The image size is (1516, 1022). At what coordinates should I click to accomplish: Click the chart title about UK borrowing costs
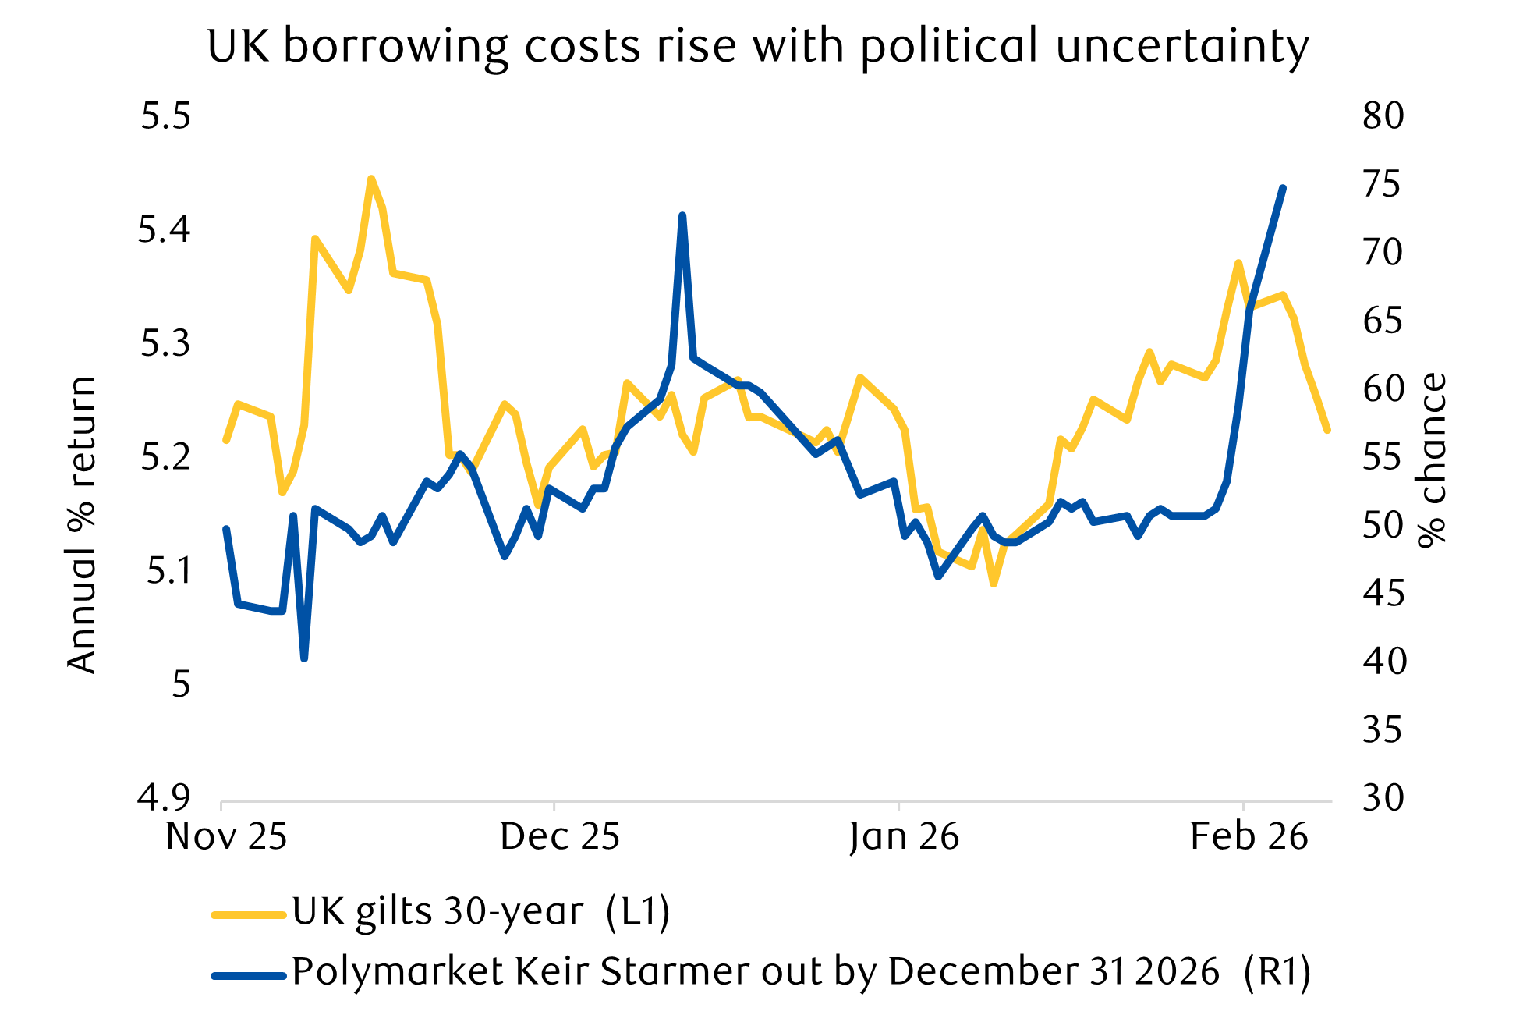coord(757,47)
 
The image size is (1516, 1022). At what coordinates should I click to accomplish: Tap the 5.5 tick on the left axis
coord(165,116)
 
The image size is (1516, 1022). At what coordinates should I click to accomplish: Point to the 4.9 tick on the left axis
coord(164,797)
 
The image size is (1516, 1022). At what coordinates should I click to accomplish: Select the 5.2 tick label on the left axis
coord(165,457)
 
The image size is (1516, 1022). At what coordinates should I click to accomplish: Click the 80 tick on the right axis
coord(1383,116)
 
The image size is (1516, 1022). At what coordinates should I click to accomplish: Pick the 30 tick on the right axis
coord(1383,797)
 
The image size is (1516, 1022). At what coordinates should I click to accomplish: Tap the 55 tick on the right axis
coord(1383,457)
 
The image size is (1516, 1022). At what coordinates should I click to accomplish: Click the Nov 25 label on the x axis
coord(226,837)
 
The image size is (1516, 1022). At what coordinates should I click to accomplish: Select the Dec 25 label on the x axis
coord(559,837)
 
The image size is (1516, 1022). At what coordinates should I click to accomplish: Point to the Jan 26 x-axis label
coord(904,837)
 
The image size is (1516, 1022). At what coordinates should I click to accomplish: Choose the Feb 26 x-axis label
coord(1249,837)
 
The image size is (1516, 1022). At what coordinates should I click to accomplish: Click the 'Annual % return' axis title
coord(81,524)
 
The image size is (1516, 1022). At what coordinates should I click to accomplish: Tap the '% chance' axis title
coord(1432,460)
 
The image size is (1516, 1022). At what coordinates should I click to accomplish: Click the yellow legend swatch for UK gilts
coord(249,914)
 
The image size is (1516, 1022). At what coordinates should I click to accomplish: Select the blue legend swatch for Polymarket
coord(249,974)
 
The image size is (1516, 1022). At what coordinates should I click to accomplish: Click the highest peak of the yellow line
coord(371,179)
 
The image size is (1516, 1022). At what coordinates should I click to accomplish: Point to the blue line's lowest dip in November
coord(304,658)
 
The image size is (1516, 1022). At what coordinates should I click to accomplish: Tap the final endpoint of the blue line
coord(1283,188)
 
